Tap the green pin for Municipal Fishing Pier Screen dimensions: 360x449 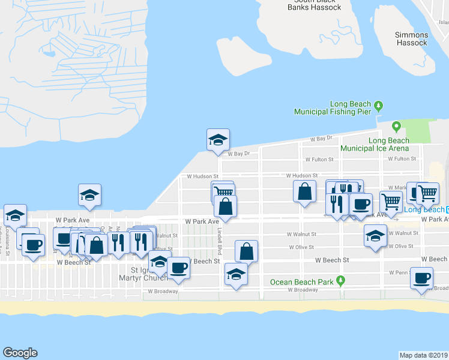click(378, 106)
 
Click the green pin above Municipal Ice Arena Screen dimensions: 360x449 click(396, 127)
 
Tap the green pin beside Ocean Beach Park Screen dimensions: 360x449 click(340, 280)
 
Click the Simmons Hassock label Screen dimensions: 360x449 click(411, 39)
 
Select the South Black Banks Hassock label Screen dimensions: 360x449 click(314, 5)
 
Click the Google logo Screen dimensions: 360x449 click(20, 353)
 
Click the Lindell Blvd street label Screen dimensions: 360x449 click(220, 240)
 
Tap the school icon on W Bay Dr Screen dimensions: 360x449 click(218, 140)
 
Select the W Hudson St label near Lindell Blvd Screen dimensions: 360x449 click(201, 177)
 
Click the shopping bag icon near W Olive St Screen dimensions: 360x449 click(246, 251)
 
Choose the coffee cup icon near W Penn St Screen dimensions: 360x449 click(422, 278)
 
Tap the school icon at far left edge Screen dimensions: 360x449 click(15, 214)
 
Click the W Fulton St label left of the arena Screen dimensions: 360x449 click(319, 160)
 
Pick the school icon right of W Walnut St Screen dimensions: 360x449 click(376, 235)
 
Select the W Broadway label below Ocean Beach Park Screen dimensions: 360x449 click(303, 290)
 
